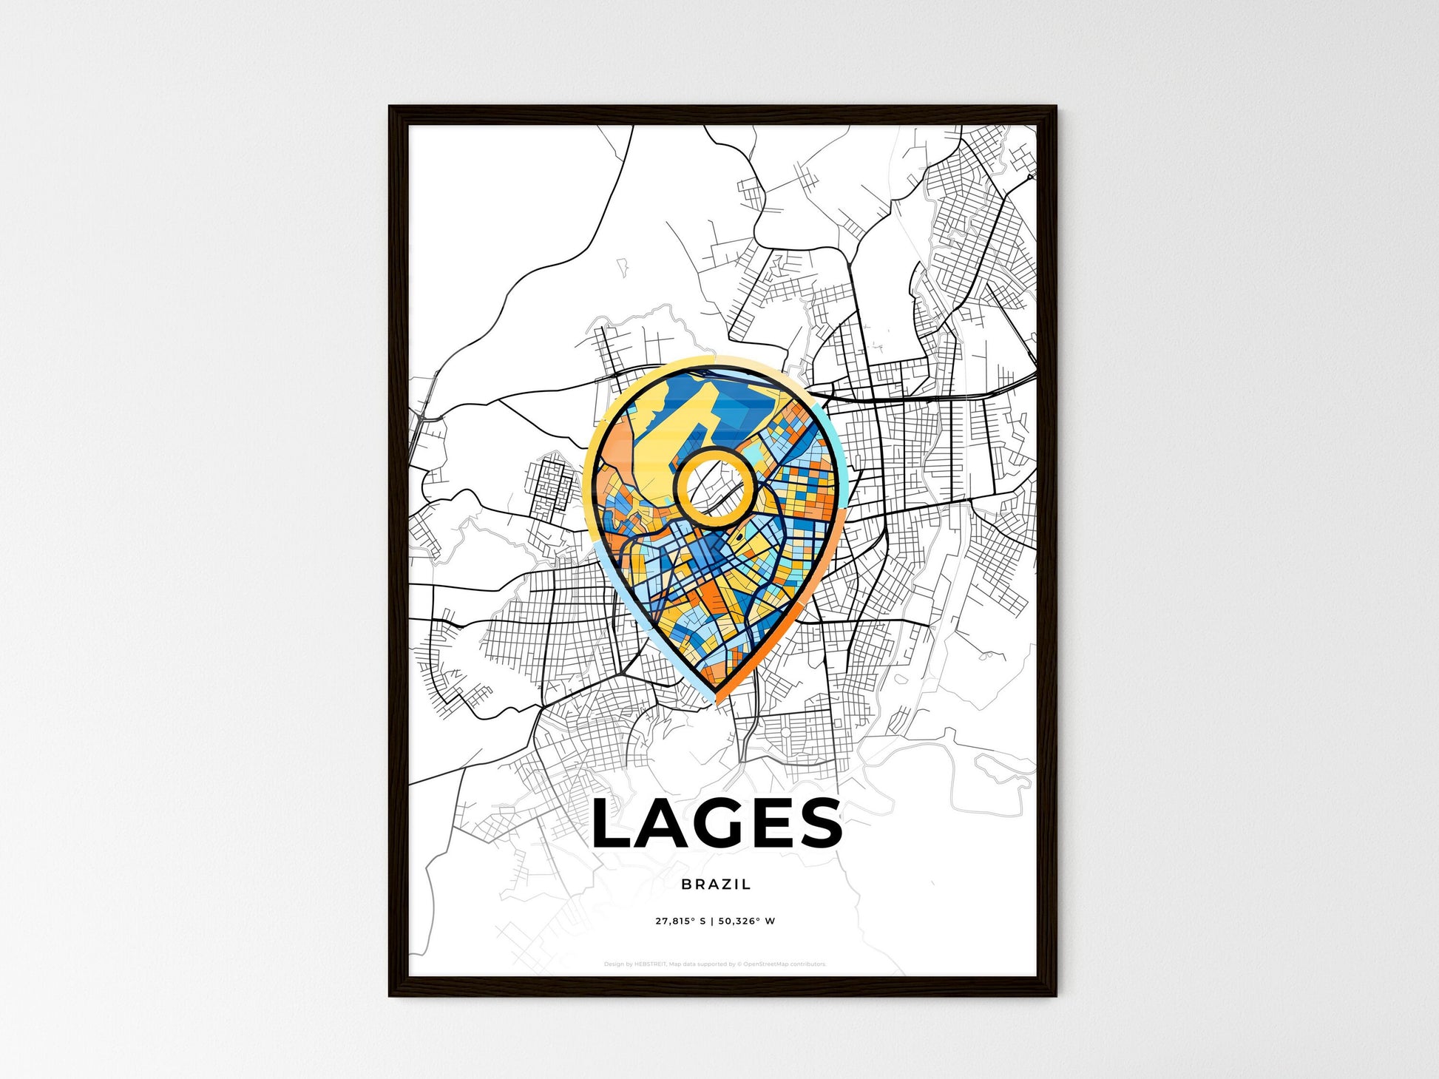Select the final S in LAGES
(x=819, y=823)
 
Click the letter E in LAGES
(x=769, y=823)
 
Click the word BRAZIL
(x=716, y=884)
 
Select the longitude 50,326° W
(x=746, y=921)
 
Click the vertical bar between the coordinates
(x=714, y=921)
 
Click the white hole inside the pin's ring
(x=714, y=487)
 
